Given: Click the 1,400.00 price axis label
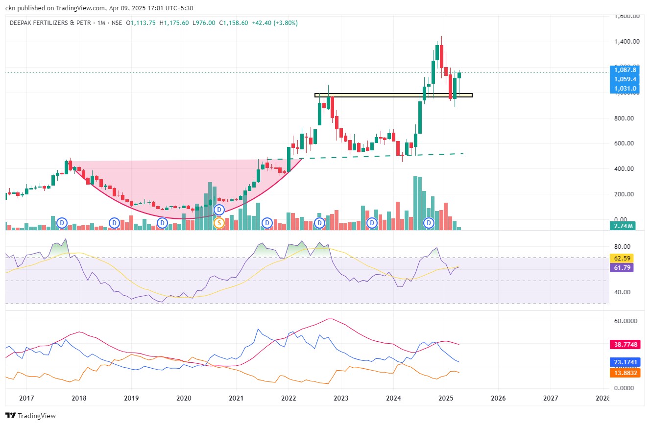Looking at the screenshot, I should pos(627,42).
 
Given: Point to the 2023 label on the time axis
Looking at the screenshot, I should pos(341,398).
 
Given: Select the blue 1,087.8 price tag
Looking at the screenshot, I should pos(625,70).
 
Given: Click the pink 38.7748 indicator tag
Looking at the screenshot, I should pos(625,345).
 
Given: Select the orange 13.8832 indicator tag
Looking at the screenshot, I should pos(625,373).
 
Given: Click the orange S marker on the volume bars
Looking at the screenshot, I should pos(219,223).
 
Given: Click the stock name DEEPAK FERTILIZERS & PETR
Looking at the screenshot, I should pos(50,23).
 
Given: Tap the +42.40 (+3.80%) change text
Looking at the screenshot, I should pos(275,23).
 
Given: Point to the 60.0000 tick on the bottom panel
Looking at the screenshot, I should pos(623,321).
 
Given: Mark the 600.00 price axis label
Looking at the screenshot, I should pos(627,143).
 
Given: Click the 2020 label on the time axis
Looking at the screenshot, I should pos(183,398).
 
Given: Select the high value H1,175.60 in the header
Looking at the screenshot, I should pos(174,23).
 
